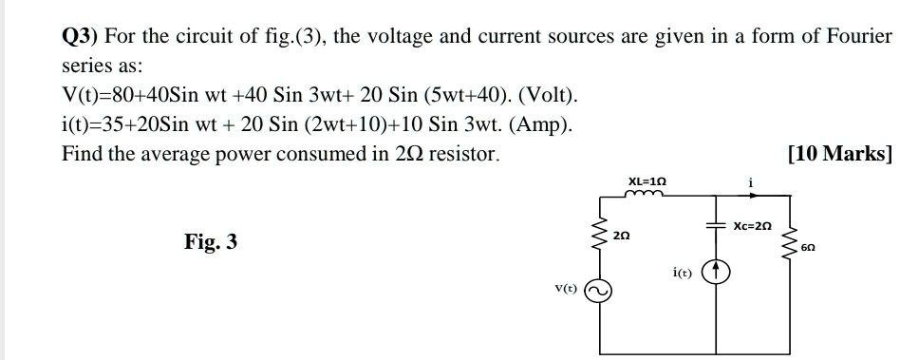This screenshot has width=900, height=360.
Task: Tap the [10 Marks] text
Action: pyautogui.click(x=840, y=153)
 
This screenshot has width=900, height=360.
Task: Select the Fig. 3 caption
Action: pyautogui.click(x=211, y=242)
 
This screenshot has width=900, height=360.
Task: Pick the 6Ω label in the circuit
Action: pyautogui.click(x=808, y=246)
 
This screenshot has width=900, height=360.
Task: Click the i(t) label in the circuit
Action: pyautogui.click(x=682, y=273)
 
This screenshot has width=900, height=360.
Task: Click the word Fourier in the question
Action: pyautogui.click(x=859, y=37)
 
